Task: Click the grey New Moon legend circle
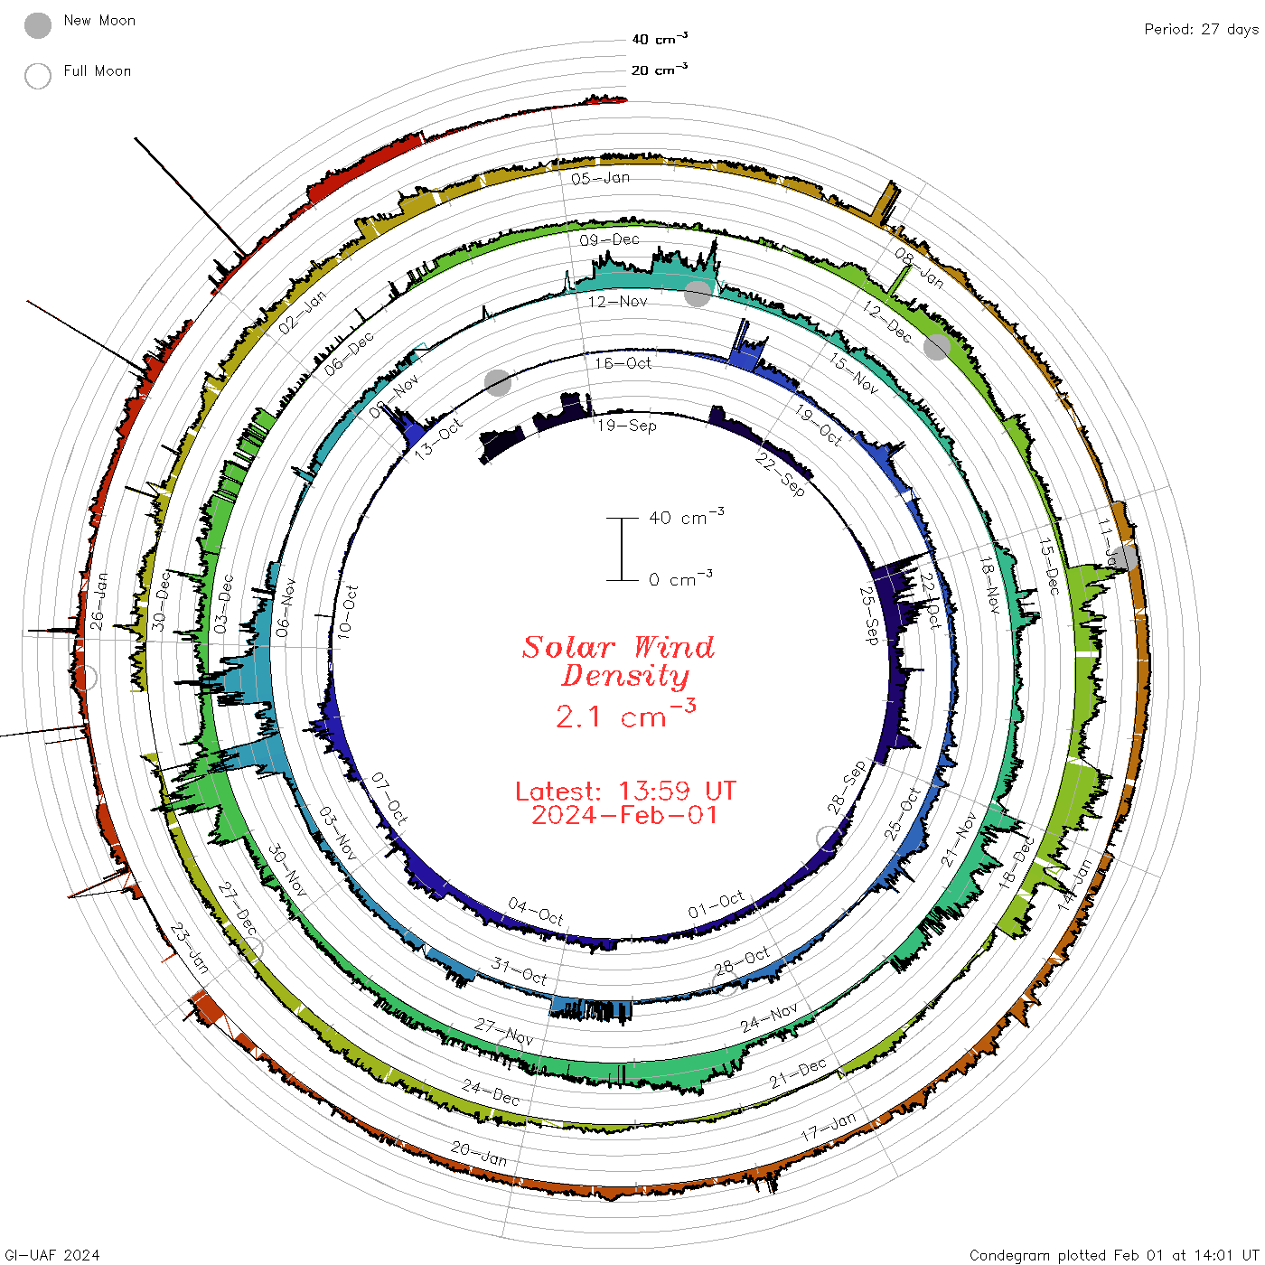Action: tap(38, 25)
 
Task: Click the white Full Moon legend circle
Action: tap(38, 76)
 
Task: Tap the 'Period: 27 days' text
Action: tap(1201, 29)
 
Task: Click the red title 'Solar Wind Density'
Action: tap(619, 661)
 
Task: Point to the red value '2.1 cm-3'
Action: tap(625, 716)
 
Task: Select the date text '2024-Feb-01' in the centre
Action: tap(625, 816)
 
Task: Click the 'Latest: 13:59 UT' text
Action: tap(625, 792)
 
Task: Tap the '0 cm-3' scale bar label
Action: tap(680, 579)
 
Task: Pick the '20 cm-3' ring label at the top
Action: tap(660, 70)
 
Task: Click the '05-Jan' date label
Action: tap(601, 178)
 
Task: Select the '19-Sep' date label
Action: tap(627, 425)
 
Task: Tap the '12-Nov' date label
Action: tap(618, 301)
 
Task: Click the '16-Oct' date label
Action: tap(623, 363)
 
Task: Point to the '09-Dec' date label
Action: tap(610, 239)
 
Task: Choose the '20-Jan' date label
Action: tap(479, 1154)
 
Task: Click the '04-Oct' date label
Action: tap(536, 912)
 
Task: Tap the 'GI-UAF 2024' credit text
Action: tap(52, 1255)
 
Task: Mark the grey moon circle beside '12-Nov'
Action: tap(697, 294)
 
